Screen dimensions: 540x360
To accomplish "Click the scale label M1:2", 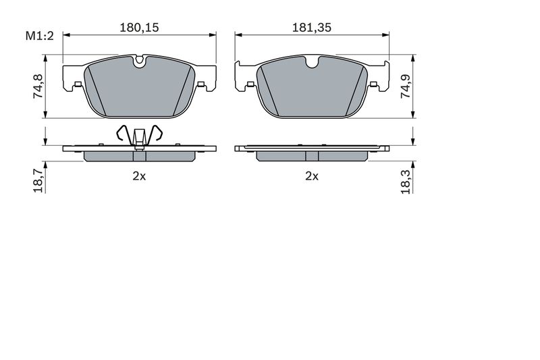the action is click(40, 36).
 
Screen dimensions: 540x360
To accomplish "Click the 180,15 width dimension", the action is click(139, 28).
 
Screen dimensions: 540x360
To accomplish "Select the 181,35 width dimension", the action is click(312, 28).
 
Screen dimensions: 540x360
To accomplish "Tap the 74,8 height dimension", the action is click(38, 86).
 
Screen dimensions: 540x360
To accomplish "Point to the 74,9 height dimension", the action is click(406, 86).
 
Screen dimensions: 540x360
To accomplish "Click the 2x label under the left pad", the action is click(139, 176).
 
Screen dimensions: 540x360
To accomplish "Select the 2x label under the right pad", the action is click(312, 176).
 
